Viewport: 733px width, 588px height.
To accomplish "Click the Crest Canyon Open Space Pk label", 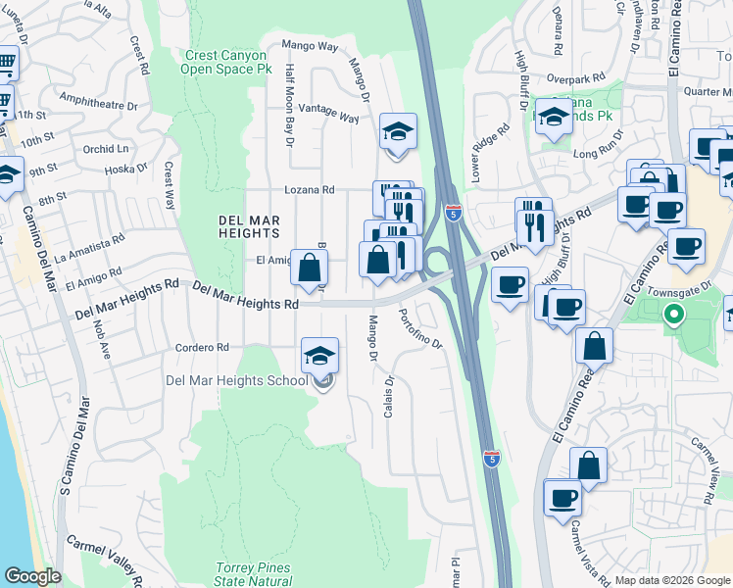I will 227,63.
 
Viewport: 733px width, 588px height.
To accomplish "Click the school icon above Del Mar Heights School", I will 320,357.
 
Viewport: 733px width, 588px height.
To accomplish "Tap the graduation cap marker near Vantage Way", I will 398,132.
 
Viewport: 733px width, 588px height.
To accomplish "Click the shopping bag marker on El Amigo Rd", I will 309,267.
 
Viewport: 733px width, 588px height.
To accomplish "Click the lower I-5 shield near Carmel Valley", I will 493,458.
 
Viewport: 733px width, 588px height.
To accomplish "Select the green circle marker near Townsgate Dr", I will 672,316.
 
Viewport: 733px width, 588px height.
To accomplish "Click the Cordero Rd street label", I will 202,347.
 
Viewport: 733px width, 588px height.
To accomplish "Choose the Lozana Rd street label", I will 310,190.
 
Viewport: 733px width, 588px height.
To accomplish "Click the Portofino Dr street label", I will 421,329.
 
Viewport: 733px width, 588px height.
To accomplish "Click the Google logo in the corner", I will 32,576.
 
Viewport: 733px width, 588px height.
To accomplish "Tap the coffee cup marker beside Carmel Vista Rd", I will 562,498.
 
